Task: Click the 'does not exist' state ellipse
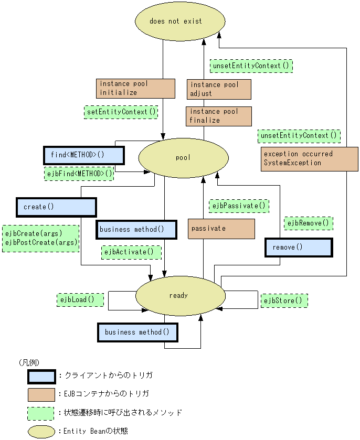pos(180,21)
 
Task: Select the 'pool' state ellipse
pos(183,158)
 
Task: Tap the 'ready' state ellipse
pos(181,295)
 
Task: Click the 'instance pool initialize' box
pos(135,89)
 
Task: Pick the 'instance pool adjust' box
pos(219,89)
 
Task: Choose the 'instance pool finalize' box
pos(219,116)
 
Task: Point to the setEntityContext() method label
pos(121,112)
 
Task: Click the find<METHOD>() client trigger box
pos(84,155)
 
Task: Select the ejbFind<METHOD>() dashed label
pos(79,174)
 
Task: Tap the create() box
pos(57,207)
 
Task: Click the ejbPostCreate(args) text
pos(41,242)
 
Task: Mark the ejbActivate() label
pos(131,252)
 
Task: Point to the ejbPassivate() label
pos(239,206)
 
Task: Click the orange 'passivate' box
pos(221,229)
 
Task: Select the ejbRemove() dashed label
pos(309,223)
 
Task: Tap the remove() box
pos(299,248)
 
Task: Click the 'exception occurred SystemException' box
pos(310,159)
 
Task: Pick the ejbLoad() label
pos(80,300)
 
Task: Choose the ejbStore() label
pos(284,301)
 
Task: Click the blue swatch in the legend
pos(41,377)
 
